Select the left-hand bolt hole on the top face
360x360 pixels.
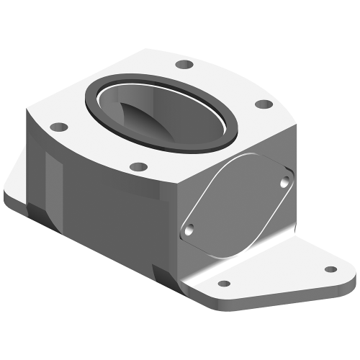(60, 127)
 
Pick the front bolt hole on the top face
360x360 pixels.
(137, 168)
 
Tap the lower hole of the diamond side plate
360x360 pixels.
(189, 230)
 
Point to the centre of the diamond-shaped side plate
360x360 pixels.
(238, 205)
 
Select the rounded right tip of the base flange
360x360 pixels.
(350, 277)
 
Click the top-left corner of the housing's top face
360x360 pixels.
(29, 112)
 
